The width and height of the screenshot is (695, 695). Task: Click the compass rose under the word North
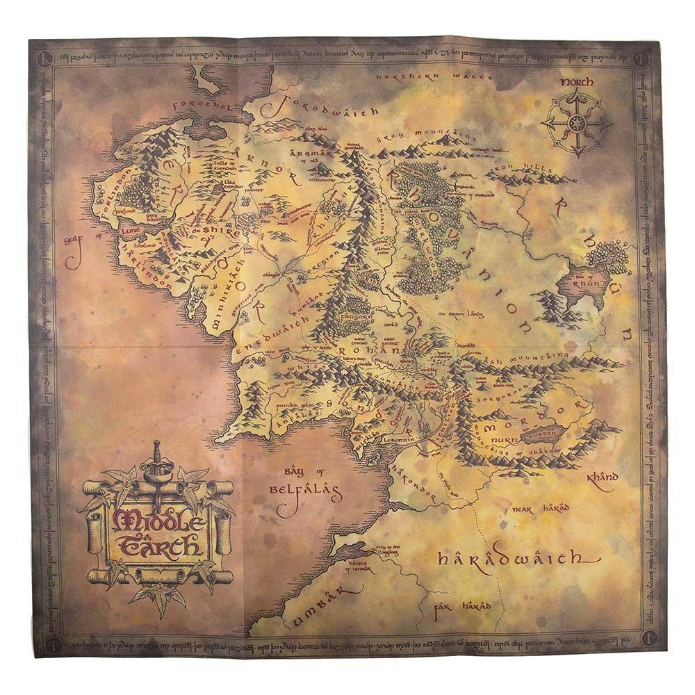point(576,124)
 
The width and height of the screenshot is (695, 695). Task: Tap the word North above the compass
point(576,82)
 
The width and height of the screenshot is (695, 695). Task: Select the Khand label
point(602,479)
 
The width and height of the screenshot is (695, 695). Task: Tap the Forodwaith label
point(327,108)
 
